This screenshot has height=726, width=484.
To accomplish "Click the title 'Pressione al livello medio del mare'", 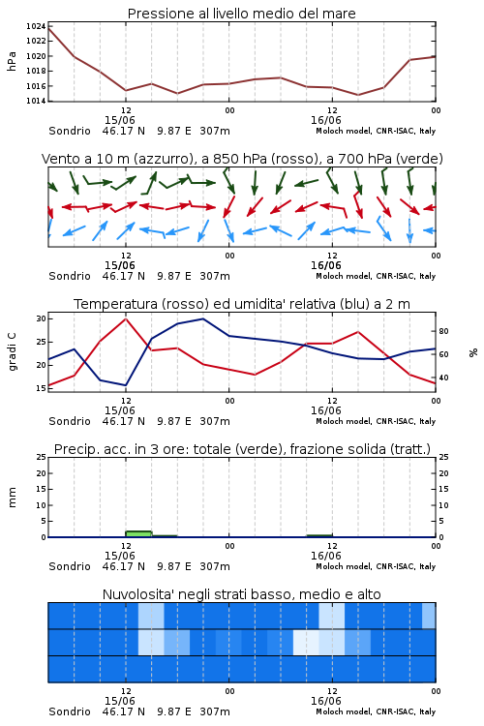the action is [x=242, y=14].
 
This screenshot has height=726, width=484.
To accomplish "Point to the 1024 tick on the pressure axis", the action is [x=36, y=26].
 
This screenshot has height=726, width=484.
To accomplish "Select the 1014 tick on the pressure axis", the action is [x=36, y=101].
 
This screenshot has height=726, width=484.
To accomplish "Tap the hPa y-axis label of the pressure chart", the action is [x=12, y=61].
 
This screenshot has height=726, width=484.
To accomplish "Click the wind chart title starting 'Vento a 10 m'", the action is [x=242, y=159].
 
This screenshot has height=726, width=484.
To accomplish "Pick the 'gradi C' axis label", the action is [x=12, y=351].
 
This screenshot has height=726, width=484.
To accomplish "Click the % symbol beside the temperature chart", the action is [x=473, y=352].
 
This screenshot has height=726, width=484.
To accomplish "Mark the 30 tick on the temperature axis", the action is [x=42, y=318].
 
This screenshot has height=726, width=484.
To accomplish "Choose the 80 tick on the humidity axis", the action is [x=443, y=331].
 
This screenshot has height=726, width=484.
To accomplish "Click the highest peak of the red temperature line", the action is [x=126, y=318].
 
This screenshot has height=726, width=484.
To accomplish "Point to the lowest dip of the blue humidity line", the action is [x=126, y=385].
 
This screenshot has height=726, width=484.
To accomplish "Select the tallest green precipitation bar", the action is [x=138, y=533].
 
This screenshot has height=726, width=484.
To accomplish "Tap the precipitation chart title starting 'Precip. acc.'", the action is [x=242, y=449].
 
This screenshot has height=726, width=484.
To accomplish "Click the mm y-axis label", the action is [x=12, y=498].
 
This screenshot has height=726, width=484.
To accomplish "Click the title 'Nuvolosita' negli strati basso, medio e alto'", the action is [x=242, y=594].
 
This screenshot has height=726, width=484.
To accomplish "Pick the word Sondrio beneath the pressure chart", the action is [x=70, y=131].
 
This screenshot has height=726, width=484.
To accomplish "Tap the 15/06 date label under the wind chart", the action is [x=119, y=266].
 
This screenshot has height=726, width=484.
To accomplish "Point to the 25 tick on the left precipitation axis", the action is [x=42, y=457].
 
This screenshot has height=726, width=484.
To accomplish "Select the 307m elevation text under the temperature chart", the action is [x=215, y=421].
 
